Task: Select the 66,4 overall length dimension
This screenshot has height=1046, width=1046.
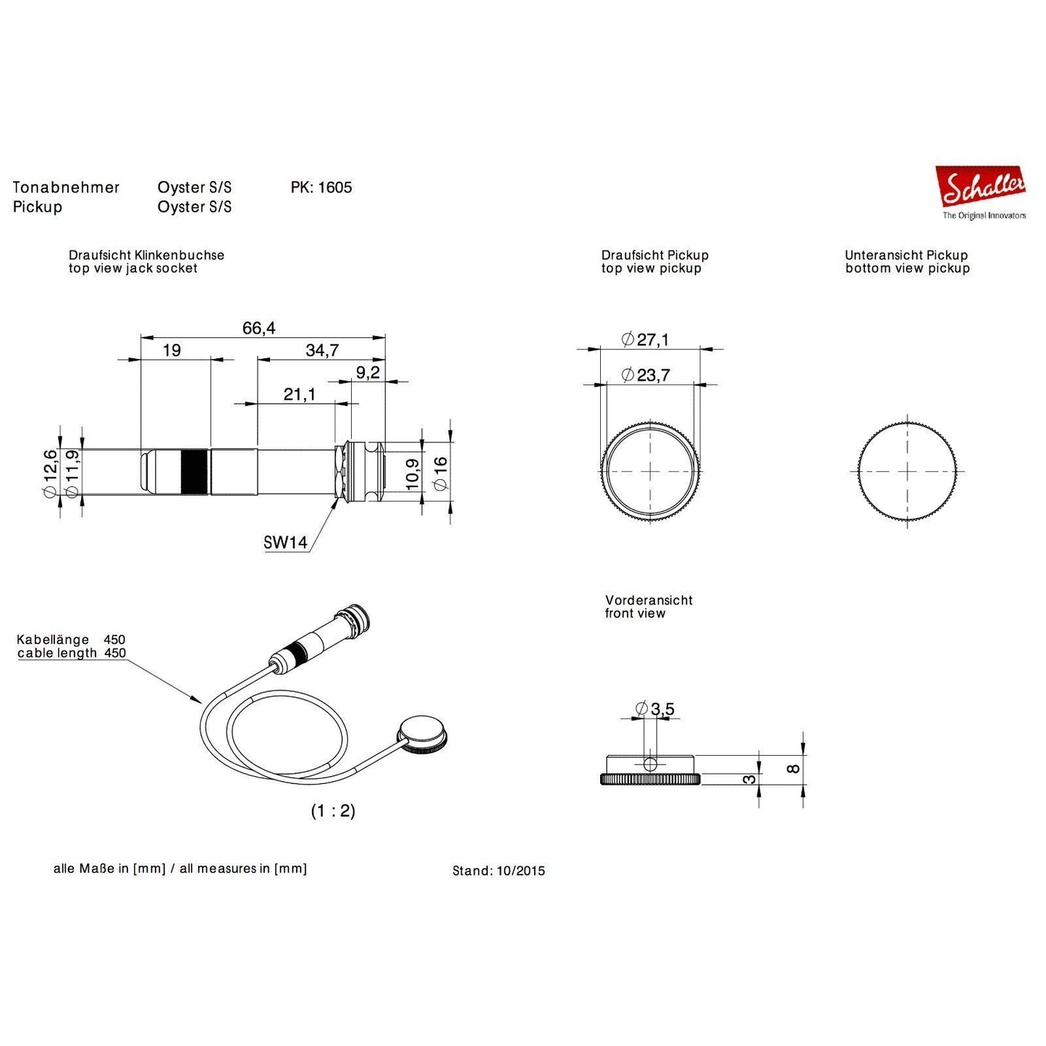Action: pos(258,329)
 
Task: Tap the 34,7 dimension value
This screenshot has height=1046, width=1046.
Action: pos(322,351)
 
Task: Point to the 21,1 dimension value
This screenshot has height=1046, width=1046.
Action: pos(299,395)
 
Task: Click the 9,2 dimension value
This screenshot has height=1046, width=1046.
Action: pos(368,373)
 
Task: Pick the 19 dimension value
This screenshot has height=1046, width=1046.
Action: pos(172,351)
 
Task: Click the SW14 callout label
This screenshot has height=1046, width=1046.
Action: pos(285,542)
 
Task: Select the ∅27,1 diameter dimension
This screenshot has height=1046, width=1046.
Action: pos(646,339)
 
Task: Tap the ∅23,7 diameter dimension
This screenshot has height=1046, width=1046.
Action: pos(646,375)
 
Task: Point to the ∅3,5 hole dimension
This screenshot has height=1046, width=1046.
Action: pos(654,709)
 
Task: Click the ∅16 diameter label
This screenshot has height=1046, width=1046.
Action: pos(441,473)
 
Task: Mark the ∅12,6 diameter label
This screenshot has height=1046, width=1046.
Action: pos(49,473)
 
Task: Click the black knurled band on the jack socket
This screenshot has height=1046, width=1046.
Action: pos(194,471)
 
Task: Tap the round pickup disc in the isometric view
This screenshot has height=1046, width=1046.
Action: pos(422,732)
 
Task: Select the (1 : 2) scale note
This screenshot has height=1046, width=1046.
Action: pos(333,811)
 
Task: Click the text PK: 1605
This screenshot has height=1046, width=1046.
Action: pos(321,187)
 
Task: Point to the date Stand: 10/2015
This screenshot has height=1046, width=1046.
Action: pos(499,871)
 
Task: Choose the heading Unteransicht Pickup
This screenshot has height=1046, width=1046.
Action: pos(906,256)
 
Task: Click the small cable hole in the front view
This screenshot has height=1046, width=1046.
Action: pos(650,764)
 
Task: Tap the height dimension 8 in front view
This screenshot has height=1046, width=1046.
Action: pos(794,768)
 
